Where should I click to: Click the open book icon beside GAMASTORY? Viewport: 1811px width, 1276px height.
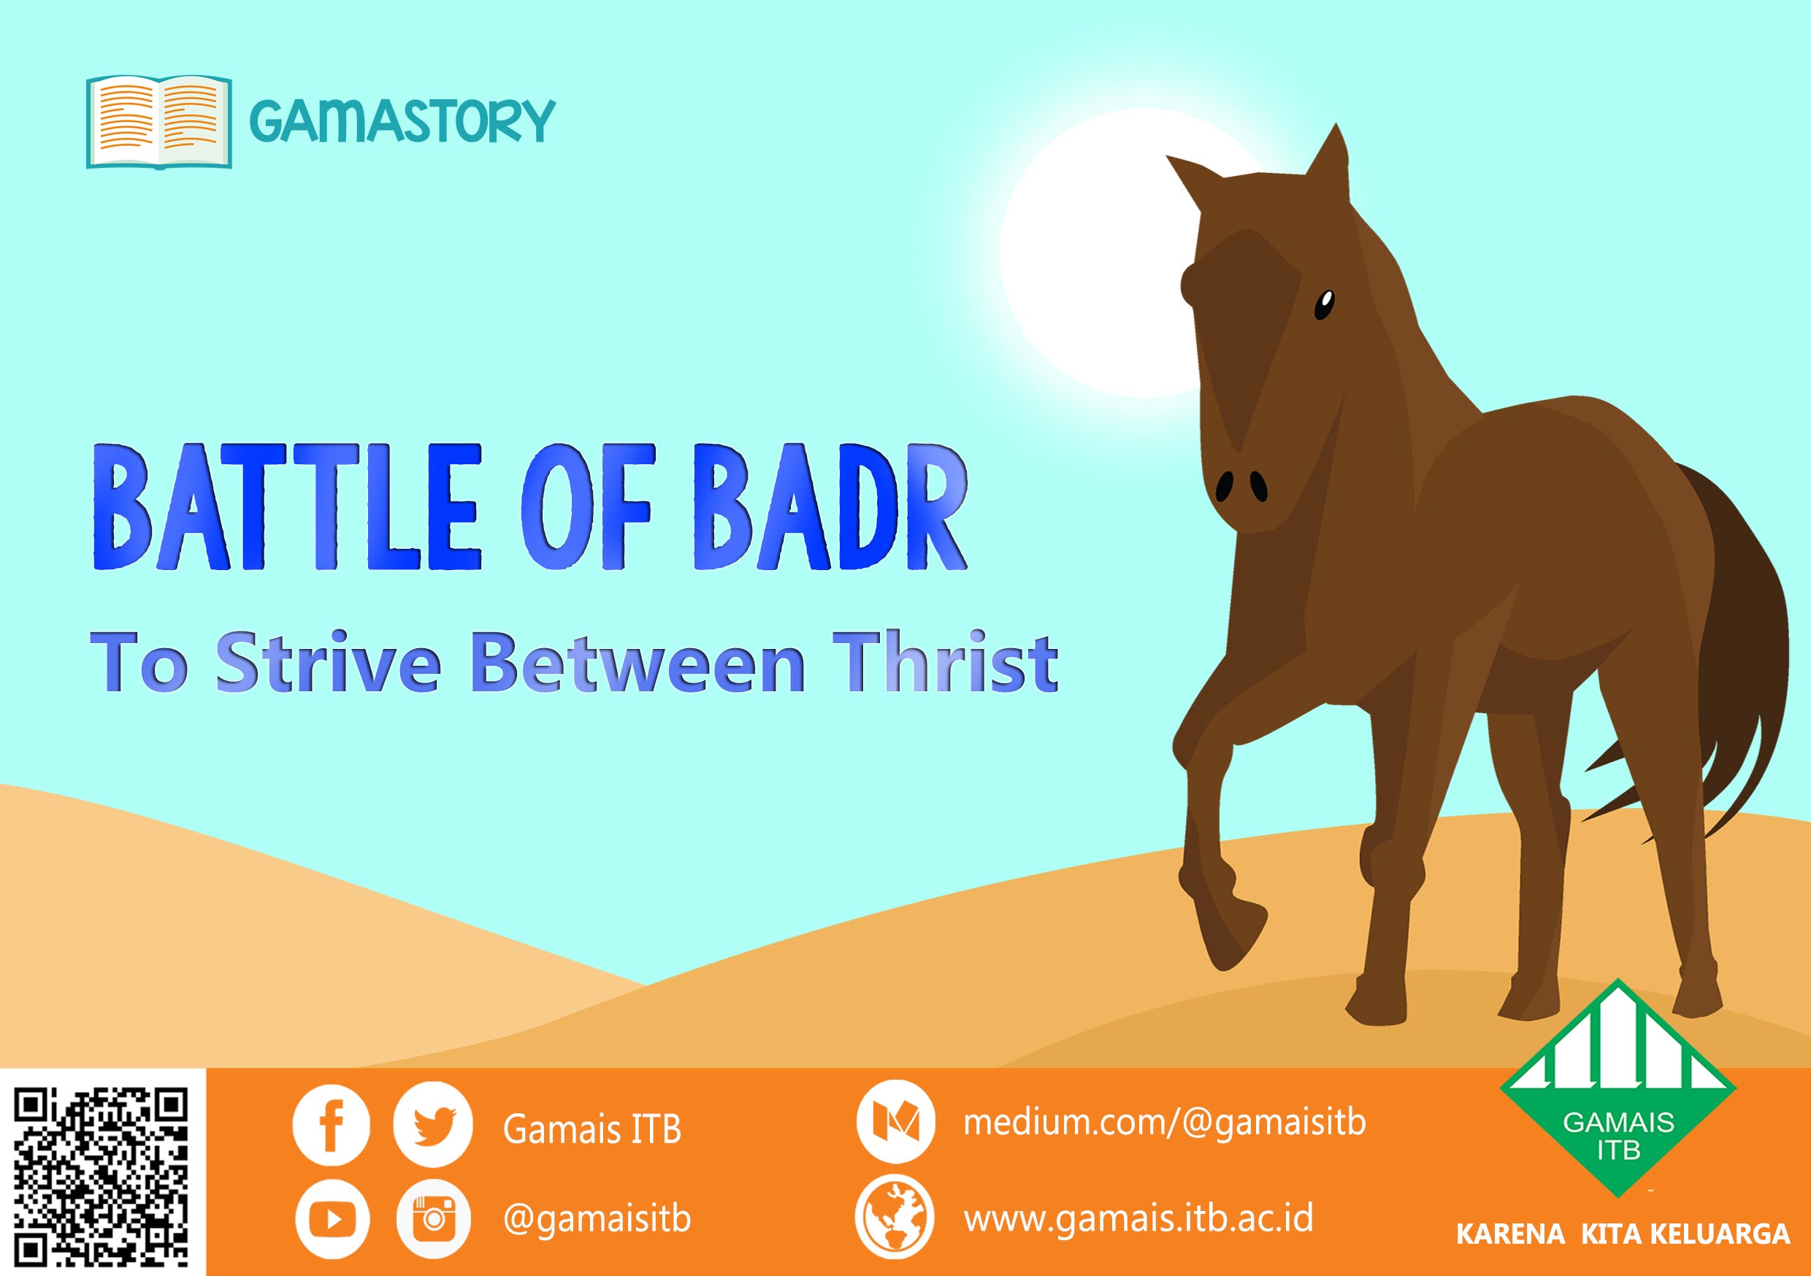[x=158, y=121]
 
